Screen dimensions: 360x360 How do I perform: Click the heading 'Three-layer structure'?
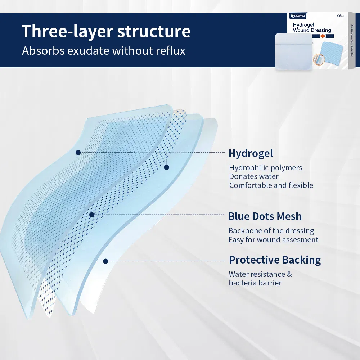106,31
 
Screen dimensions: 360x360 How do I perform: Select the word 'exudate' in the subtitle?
87,51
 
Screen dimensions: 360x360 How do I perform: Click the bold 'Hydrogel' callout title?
251,153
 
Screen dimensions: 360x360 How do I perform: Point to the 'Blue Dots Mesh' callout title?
265,216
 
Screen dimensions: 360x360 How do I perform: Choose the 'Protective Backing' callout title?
275,260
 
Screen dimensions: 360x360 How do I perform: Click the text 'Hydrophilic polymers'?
266,168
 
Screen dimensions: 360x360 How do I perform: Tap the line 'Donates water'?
254,176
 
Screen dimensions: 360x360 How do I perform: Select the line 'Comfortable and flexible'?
271,185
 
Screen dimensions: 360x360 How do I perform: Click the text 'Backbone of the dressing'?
271,231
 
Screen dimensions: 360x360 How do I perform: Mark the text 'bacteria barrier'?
255,283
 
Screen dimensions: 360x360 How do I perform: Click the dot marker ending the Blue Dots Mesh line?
92,215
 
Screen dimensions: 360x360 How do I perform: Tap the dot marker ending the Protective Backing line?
105,261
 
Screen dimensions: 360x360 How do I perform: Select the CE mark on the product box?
339,16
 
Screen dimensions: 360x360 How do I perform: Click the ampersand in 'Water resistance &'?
289,274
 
